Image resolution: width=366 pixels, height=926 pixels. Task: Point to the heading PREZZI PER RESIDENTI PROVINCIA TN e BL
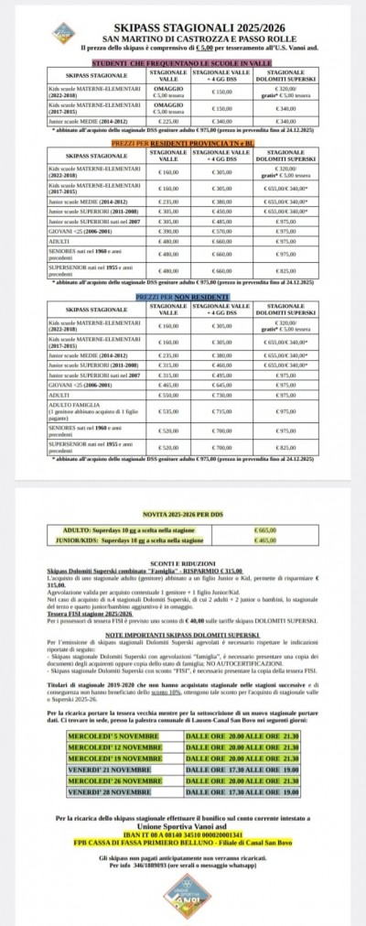182,144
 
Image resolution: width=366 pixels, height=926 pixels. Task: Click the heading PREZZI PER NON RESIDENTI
182,300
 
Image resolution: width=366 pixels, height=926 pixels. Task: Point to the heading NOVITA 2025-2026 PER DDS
182,515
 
